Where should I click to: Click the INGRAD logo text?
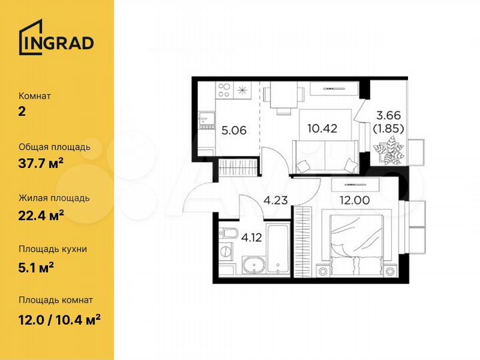pos(64,43)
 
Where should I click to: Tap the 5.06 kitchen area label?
pos(234,130)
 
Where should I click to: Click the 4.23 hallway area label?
pos(277,199)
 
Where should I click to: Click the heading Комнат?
pos(35,96)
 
